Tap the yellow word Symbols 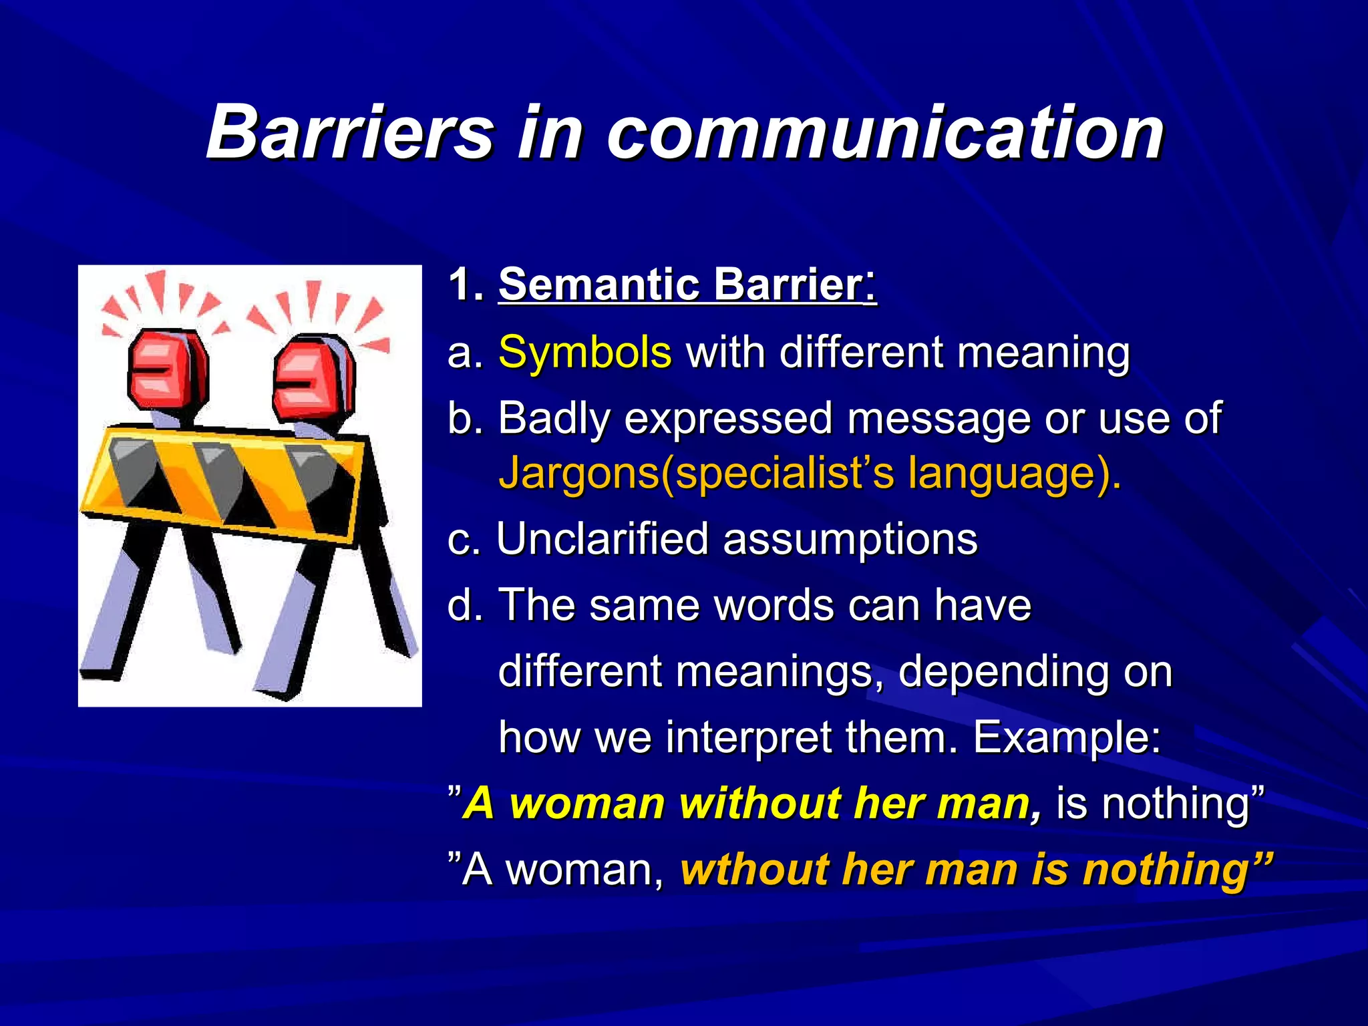(584, 352)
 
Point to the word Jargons (578, 473)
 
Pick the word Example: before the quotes (1067, 737)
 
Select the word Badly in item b (554, 419)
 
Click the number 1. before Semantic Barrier (465, 285)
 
